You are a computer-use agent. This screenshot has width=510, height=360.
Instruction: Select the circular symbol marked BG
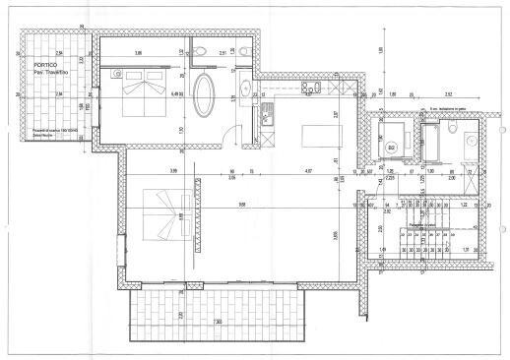click(x=391, y=148)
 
